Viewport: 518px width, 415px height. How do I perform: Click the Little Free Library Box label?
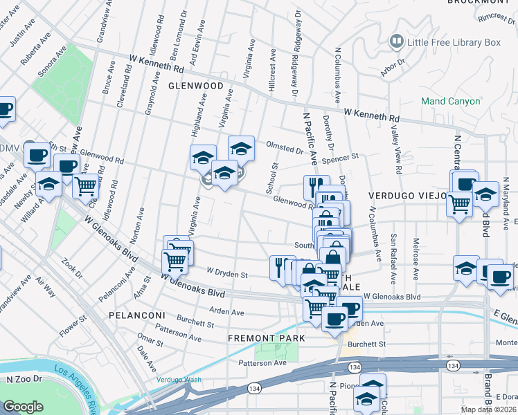(454, 42)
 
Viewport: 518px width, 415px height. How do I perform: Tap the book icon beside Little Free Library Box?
(397, 42)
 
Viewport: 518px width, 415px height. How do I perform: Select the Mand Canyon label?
(450, 101)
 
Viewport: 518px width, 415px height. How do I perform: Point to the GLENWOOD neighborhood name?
(195, 86)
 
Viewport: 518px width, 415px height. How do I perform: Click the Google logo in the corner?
(23, 406)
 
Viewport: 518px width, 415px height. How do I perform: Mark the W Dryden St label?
(227, 274)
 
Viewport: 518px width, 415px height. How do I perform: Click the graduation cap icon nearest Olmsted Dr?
(241, 147)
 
